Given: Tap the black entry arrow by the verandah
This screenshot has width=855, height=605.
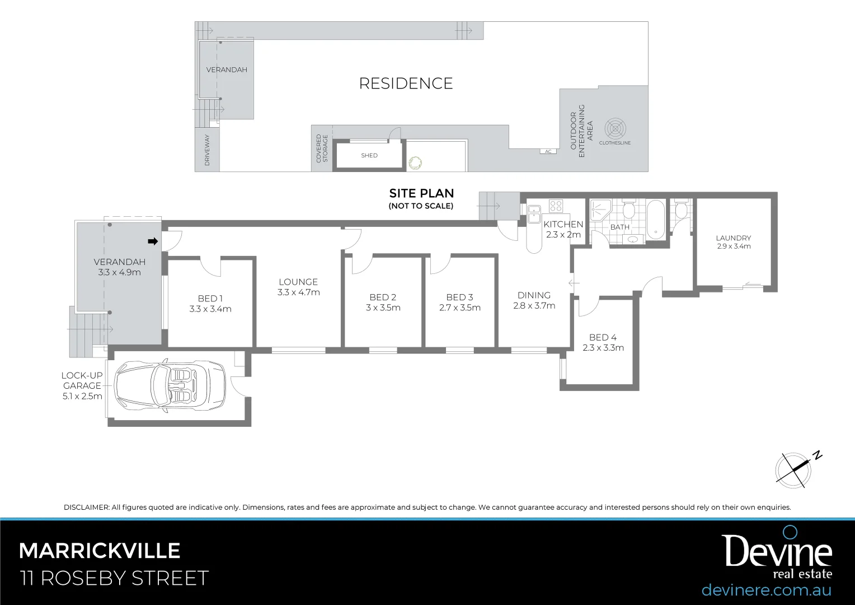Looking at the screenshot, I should (x=152, y=241).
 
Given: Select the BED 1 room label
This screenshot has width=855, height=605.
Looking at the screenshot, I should (x=210, y=299).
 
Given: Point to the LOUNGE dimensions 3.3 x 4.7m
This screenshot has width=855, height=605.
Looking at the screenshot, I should (x=298, y=292).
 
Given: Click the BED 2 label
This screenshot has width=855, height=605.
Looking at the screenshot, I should (x=383, y=297).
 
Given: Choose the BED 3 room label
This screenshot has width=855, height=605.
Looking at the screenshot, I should (x=459, y=297).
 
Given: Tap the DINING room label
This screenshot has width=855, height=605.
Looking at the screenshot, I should (x=534, y=295).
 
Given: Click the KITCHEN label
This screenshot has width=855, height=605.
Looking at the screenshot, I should (x=563, y=224).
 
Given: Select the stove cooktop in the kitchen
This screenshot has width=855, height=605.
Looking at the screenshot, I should (x=555, y=206).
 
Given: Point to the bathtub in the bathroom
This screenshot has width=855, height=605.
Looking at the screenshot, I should (x=654, y=219).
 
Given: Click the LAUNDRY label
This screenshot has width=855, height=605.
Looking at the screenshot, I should (x=733, y=238).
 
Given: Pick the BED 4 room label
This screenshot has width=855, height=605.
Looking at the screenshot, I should (x=603, y=337).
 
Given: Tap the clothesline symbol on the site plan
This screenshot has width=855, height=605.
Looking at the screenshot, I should (x=615, y=129).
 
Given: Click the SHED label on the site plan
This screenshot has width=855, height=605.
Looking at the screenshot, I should (x=369, y=156).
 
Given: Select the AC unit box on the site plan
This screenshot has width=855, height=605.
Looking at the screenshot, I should (x=548, y=151).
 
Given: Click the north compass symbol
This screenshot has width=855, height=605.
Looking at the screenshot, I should (x=793, y=469).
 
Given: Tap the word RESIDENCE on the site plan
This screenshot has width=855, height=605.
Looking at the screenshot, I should (x=406, y=83).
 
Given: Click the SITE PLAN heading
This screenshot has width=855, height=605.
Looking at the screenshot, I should (x=421, y=193).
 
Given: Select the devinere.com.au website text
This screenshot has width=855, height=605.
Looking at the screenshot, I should (x=766, y=590).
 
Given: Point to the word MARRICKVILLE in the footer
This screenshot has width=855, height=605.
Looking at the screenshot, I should (x=100, y=551).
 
